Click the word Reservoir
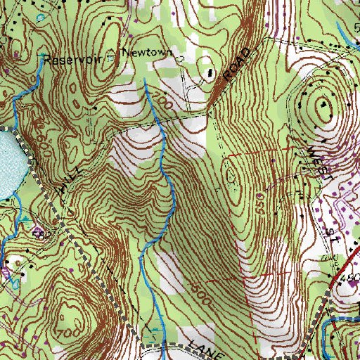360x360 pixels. pyautogui.click(x=68, y=60)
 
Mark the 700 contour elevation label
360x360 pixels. pyautogui.click(x=68, y=329)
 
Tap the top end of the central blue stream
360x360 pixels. pyautogui.click(x=144, y=79)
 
